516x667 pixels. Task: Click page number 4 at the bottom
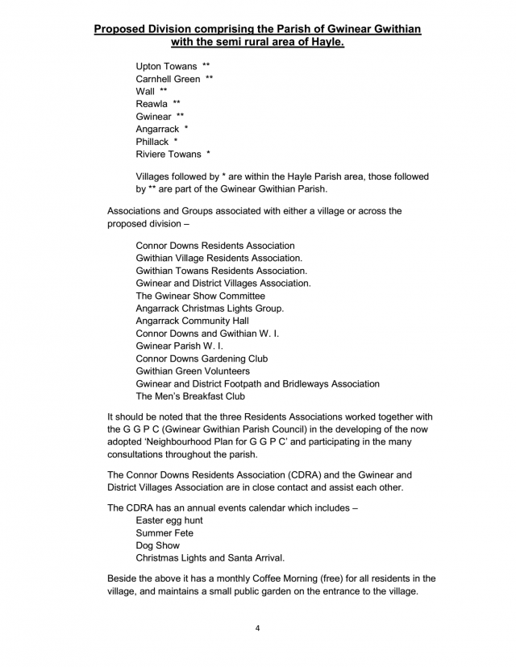click(x=258, y=629)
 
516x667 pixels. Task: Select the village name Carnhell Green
click(x=168, y=79)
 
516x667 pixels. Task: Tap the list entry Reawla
click(x=152, y=104)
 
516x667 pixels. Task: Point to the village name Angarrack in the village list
click(x=157, y=129)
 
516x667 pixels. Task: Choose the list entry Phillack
click(x=152, y=142)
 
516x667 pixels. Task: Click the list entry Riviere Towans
click(x=169, y=155)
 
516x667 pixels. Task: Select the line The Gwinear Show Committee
click(x=200, y=296)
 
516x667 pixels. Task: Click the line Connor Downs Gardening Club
click(x=202, y=358)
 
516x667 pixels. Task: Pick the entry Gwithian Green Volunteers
click(x=193, y=371)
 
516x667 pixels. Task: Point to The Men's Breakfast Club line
click(x=190, y=396)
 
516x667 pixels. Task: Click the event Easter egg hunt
click(x=169, y=520)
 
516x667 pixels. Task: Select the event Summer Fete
click(x=164, y=533)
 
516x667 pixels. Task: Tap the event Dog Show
click(x=158, y=545)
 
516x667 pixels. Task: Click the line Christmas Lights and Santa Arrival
click(x=210, y=558)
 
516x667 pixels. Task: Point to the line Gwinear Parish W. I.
click(x=180, y=346)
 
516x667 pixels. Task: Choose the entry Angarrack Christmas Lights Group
click(x=210, y=309)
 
